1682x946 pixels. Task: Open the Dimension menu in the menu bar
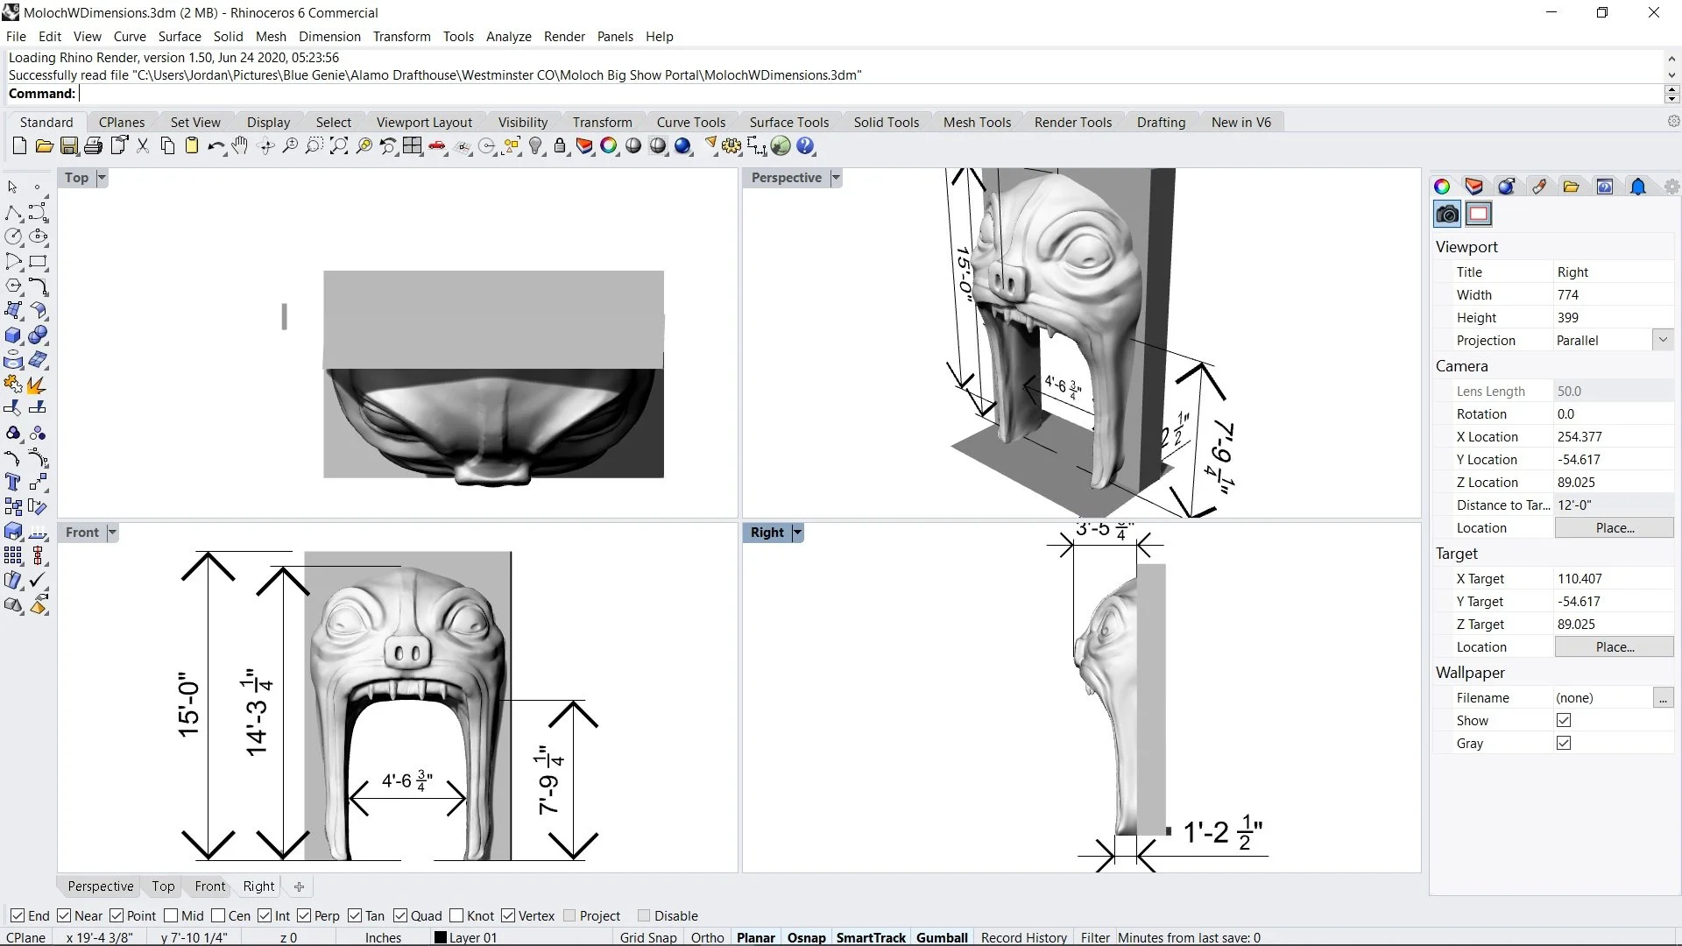[329, 37]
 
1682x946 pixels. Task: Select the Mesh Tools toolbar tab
[977, 123]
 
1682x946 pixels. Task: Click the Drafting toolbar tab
[1161, 123]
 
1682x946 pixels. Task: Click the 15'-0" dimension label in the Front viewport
[189, 705]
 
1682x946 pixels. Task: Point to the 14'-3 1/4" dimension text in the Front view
[257, 711]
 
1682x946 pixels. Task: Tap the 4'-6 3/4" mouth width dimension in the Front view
[406, 780]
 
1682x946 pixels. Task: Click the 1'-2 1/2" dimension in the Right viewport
[1222, 832]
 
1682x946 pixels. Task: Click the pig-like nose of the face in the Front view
[407, 653]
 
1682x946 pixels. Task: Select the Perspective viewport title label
[786, 178]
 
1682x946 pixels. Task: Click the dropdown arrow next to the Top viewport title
[102, 178]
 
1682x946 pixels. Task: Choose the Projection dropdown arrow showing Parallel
[1663, 340]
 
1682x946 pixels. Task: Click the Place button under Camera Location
[1614, 528]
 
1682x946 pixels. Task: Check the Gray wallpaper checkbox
[1564, 743]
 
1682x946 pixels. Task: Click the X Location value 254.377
[1580, 437]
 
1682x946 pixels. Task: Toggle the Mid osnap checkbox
[172, 915]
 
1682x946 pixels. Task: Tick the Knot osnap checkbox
[456, 915]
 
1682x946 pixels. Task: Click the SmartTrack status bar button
[870, 937]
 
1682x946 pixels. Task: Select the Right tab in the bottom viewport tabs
[258, 886]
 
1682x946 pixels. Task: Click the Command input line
[867, 94]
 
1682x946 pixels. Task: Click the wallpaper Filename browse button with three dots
[1662, 698]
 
